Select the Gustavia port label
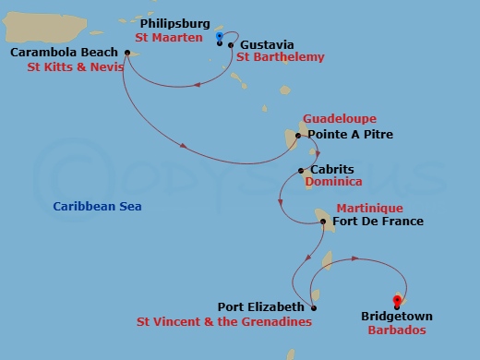point(266,43)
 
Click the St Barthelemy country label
point(281,57)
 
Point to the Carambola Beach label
point(63,52)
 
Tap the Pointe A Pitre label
point(350,135)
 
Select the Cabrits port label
point(331,170)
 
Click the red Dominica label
point(333,183)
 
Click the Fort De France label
point(378,222)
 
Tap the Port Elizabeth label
point(260,307)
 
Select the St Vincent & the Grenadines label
point(223,322)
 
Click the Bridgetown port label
point(397,317)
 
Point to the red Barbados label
point(397,330)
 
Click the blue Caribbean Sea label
point(98,207)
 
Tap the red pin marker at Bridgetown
point(397,301)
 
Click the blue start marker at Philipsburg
point(220,36)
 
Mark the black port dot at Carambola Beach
point(126,52)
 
